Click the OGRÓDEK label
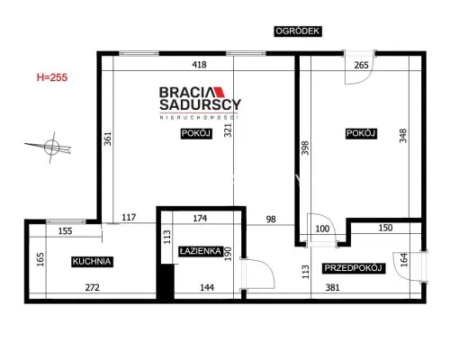298,31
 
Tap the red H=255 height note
52,77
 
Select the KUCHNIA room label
92,261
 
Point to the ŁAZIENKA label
201,251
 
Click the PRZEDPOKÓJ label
353,268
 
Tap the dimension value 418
199,65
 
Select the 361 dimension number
107,139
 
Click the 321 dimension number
229,130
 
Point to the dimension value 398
305,148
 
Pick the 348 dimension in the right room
403,136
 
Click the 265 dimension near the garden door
361,65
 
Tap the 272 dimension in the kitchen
92,287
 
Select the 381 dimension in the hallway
332,287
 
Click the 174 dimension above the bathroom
200,218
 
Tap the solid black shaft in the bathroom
166,282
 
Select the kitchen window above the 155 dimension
66,221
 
